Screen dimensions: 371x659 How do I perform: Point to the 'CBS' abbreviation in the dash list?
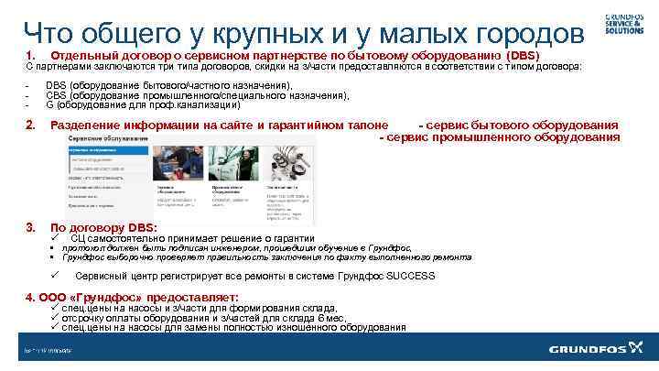55,94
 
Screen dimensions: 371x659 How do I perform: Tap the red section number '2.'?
31,125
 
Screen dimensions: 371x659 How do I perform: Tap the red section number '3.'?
31,227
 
